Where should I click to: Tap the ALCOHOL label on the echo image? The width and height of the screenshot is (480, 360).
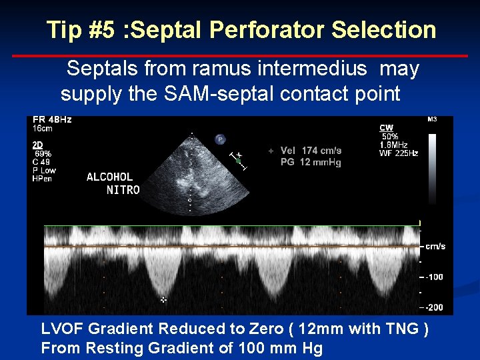(110, 177)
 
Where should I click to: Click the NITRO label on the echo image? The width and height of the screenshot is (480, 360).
(123, 189)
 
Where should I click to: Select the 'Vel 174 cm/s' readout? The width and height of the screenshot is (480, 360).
(311, 151)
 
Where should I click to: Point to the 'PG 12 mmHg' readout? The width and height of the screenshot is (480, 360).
(311, 162)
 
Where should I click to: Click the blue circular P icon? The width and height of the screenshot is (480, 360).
(220, 139)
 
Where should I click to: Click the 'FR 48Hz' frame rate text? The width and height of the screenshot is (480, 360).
(52, 120)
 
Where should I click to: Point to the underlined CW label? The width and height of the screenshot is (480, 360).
(387, 127)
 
